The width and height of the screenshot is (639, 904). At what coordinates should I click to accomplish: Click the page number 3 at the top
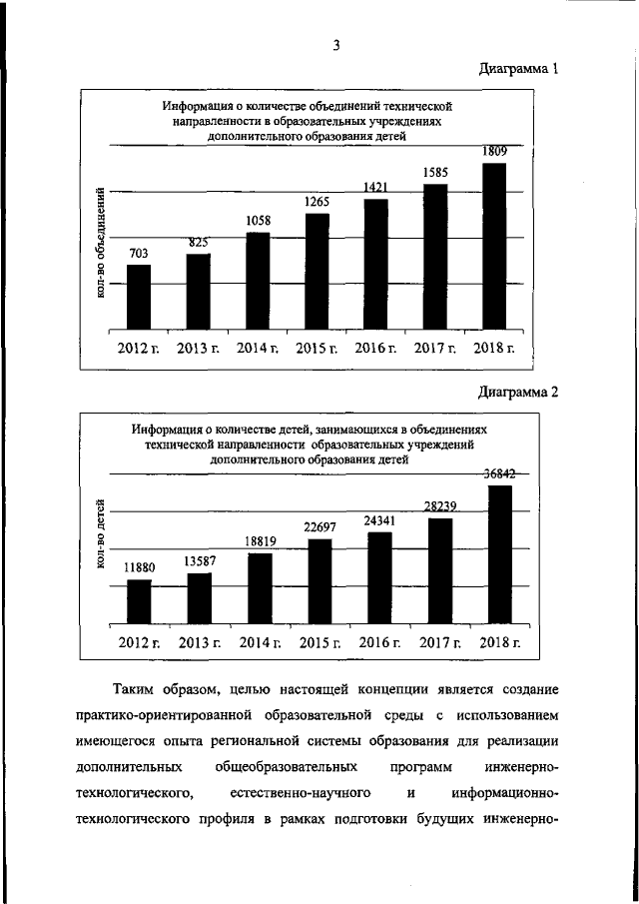[337, 45]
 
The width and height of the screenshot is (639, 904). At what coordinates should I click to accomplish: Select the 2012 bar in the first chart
[139, 297]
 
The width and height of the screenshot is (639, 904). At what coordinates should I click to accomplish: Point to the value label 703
[139, 254]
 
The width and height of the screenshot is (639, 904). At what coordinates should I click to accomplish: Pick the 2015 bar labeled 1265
[318, 271]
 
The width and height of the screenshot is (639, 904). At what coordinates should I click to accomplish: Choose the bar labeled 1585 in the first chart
[435, 257]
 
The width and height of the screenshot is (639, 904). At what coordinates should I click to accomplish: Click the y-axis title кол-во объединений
[102, 246]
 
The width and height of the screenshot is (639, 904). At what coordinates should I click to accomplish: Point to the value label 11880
[139, 567]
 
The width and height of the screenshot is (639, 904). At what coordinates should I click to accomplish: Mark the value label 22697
[319, 526]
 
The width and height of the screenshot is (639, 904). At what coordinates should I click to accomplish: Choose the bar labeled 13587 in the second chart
[200, 597]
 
